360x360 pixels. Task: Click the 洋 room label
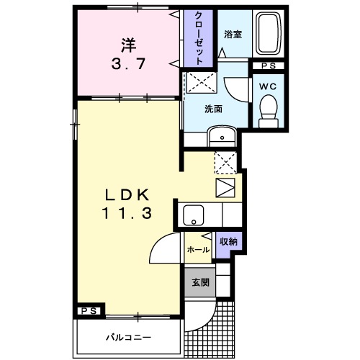pos(128,44)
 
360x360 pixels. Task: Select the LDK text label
pos(128,194)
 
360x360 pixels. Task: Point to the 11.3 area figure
pos(128,213)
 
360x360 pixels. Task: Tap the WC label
pos(267,86)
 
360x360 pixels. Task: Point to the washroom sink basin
pos(222,136)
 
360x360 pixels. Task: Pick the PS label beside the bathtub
pos(267,67)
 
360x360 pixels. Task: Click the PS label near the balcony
pos(88,310)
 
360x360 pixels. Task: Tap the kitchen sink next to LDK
pos(192,215)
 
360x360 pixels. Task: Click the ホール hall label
pos(197,249)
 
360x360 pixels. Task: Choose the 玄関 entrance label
pos(199,282)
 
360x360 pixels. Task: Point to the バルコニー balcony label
pos(130,336)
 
